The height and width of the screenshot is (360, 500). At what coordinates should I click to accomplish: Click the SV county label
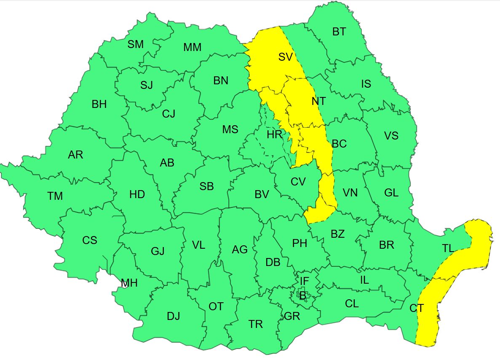click(285, 57)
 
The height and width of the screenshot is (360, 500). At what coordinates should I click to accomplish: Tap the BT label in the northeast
click(339, 32)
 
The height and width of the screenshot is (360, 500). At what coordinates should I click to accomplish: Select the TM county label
click(55, 196)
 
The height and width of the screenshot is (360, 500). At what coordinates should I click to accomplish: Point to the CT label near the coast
click(417, 308)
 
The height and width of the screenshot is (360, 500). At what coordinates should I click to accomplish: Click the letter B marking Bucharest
click(302, 296)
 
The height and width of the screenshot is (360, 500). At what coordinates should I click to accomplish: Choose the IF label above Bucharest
click(304, 281)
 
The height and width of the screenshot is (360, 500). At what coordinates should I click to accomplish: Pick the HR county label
click(274, 135)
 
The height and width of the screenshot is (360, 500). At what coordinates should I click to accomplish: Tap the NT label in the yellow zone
click(318, 102)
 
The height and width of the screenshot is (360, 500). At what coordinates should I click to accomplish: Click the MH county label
click(129, 283)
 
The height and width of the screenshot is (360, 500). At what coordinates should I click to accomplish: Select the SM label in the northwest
click(136, 44)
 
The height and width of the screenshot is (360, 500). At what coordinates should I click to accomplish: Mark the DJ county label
click(173, 316)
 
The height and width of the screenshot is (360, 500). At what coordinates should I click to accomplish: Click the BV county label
click(262, 195)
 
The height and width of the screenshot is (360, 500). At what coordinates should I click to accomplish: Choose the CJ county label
click(168, 113)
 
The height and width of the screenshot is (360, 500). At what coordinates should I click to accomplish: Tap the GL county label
click(391, 193)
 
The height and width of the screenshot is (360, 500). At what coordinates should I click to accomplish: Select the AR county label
click(75, 155)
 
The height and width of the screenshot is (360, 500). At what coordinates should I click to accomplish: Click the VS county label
click(391, 136)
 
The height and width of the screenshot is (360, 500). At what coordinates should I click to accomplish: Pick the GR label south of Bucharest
click(292, 316)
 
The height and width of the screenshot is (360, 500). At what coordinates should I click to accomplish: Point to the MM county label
click(192, 48)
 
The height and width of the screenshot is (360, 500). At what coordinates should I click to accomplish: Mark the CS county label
click(89, 240)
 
